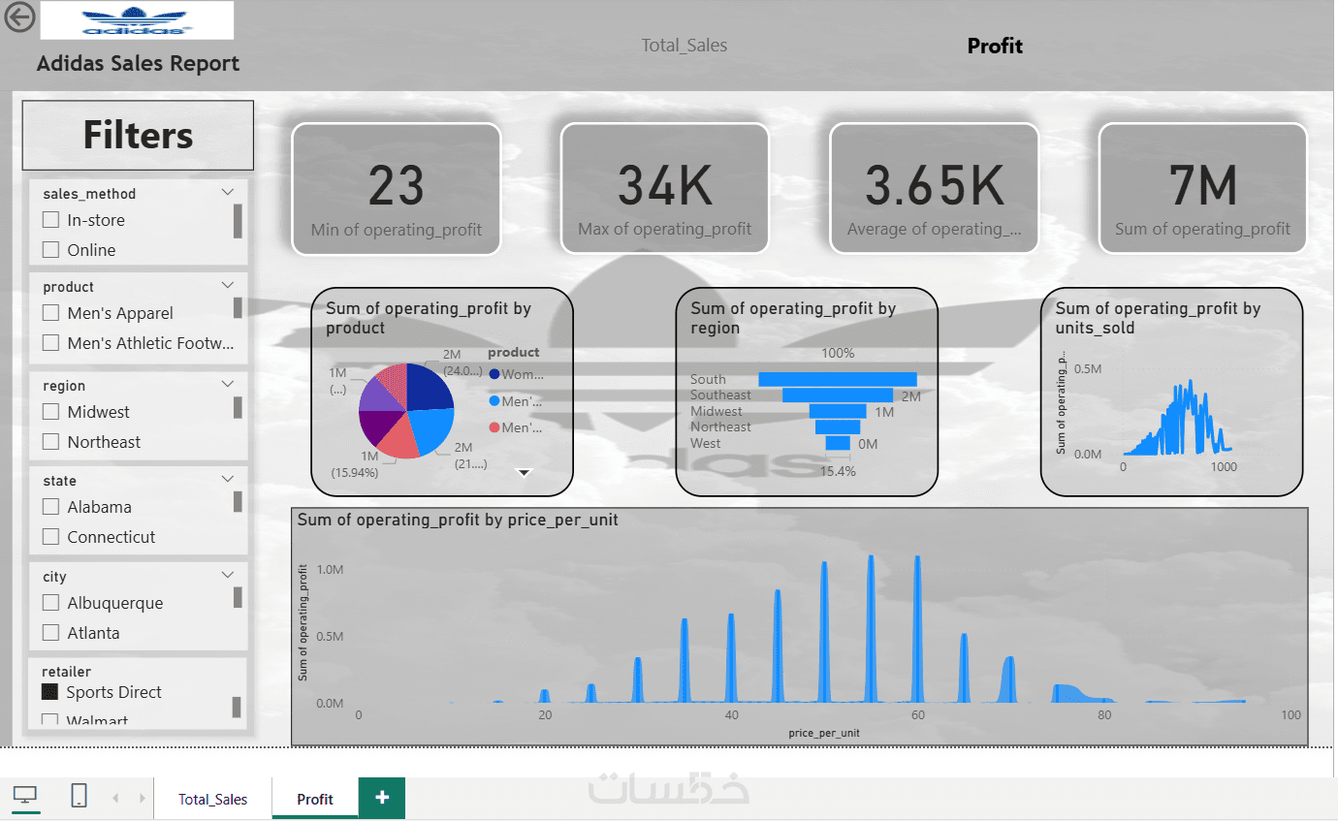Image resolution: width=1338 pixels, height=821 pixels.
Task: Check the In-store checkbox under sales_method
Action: tap(51, 220)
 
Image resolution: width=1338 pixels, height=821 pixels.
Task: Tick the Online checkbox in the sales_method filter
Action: tap(51, 250)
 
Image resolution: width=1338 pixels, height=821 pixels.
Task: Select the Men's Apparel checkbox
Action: tap(51, 313)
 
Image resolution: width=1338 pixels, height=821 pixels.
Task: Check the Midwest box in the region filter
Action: tap(51, 412)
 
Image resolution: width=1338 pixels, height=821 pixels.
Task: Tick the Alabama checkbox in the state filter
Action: tap(51, 507)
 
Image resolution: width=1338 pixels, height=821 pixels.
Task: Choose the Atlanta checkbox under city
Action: tap(51, 633)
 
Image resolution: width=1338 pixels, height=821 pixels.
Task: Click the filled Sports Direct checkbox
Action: tap(50, 692)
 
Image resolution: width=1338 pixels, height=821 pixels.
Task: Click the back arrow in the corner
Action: tap(19, 16)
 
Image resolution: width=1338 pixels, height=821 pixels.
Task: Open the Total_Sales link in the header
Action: tap(684, 46)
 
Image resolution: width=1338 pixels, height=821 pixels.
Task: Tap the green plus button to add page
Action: tap(382, 798)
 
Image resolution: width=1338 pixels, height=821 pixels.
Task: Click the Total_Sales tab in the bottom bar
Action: tap(212, 800)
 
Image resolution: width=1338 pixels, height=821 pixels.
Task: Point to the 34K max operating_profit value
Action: tap(665, 185)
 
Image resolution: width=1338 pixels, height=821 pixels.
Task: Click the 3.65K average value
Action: tap(934, 185)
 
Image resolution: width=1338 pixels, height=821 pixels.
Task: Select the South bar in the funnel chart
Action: tap(838, 379)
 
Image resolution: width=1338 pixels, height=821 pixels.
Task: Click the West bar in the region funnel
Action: tap(838, 443)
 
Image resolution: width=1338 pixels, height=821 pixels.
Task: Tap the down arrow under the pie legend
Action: tap(525, 473)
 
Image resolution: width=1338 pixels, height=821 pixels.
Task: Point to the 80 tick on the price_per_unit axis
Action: tap(1104, 715)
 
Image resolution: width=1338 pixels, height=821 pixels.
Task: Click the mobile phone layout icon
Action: tap(80, 796)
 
